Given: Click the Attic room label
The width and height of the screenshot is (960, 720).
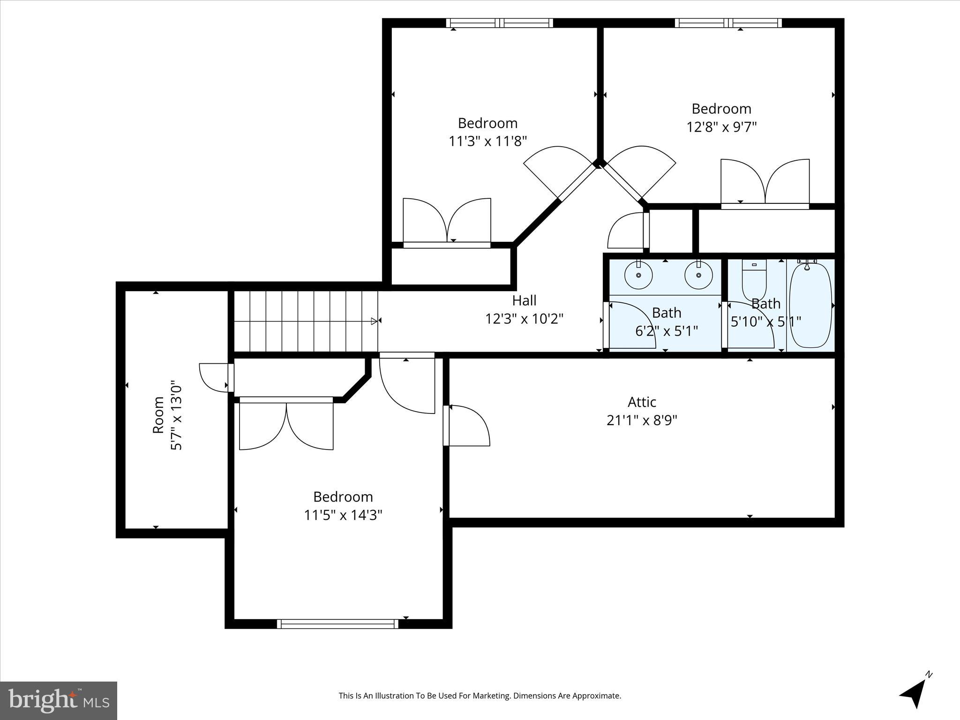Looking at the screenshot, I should click(642, 402).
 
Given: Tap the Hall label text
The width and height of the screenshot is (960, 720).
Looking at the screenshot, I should click(524, 300).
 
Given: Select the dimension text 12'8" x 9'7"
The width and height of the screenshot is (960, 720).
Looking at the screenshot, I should click(721, 127).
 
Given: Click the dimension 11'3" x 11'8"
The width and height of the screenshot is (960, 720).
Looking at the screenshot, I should click(487, 141).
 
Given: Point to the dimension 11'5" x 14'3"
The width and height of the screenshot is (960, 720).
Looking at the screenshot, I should click(343, 515).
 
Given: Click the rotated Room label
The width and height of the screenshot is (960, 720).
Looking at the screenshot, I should click(158, 415).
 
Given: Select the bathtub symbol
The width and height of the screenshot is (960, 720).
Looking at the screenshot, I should click(810, 305).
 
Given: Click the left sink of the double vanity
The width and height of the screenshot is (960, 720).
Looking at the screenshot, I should click(638, 276).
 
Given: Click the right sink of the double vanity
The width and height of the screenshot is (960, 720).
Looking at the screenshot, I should click(698, 276).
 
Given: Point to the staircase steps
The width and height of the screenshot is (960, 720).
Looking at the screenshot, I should click(305, 321).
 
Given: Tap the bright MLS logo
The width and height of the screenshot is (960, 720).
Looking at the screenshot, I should click(58, 700).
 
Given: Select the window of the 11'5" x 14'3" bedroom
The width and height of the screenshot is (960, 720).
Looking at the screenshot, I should click(337, 624).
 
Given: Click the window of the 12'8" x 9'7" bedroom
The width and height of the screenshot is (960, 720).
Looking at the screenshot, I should click(728, 23).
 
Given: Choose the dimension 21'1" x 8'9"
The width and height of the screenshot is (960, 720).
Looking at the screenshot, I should click(642, 420).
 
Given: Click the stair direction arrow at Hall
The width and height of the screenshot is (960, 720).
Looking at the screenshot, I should click(374, 321).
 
